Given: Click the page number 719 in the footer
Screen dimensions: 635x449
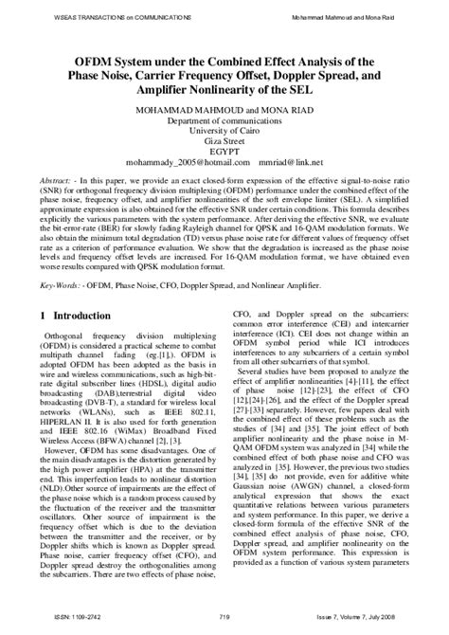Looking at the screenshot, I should tap(224, 617).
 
